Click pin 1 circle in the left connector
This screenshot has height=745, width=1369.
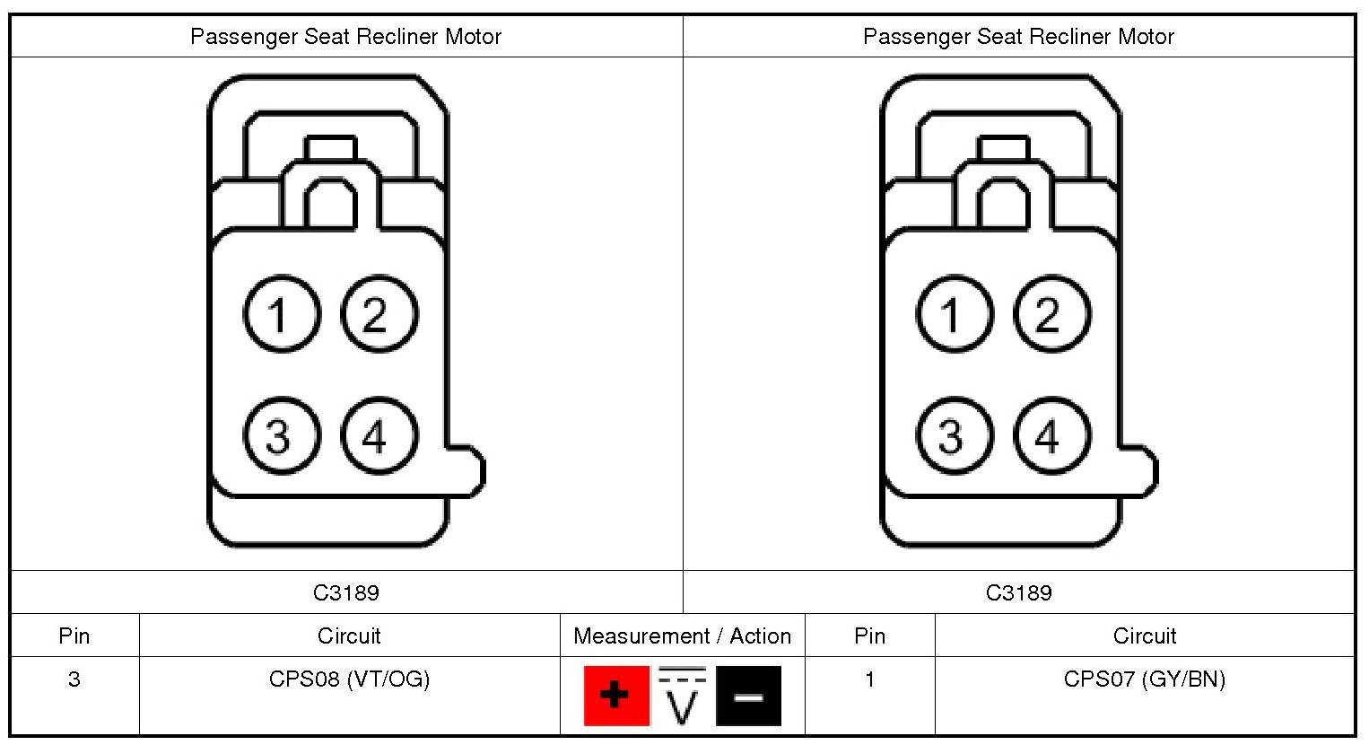coord(281,314)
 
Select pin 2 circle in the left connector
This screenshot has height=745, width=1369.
coord(379,314)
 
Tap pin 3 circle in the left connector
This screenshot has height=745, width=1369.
coord(281,436)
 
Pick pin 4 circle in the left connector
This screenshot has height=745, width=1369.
coord(379,436)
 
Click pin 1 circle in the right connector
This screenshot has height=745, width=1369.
coord(954,314)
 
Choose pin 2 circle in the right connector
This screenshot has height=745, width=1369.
coord(1051,314)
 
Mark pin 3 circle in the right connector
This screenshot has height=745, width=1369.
coord(954,436)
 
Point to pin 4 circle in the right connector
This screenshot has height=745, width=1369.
coord(1051,436)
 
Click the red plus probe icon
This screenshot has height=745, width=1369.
coord(616,696)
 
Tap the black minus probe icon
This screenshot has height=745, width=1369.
coord(748,696)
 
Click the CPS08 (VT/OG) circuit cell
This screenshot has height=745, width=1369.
coord(349,679)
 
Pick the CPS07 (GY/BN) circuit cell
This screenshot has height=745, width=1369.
coord(1144,679)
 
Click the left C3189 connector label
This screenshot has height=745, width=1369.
coord(346,592)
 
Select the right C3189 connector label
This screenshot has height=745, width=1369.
coord(1018,592)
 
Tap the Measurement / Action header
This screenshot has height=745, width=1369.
coord(682,636)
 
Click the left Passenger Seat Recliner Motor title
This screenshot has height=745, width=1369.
coord(345,37)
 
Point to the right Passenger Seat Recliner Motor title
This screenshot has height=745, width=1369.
coord(1018,37)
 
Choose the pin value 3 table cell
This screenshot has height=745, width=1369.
coord(74,679)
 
